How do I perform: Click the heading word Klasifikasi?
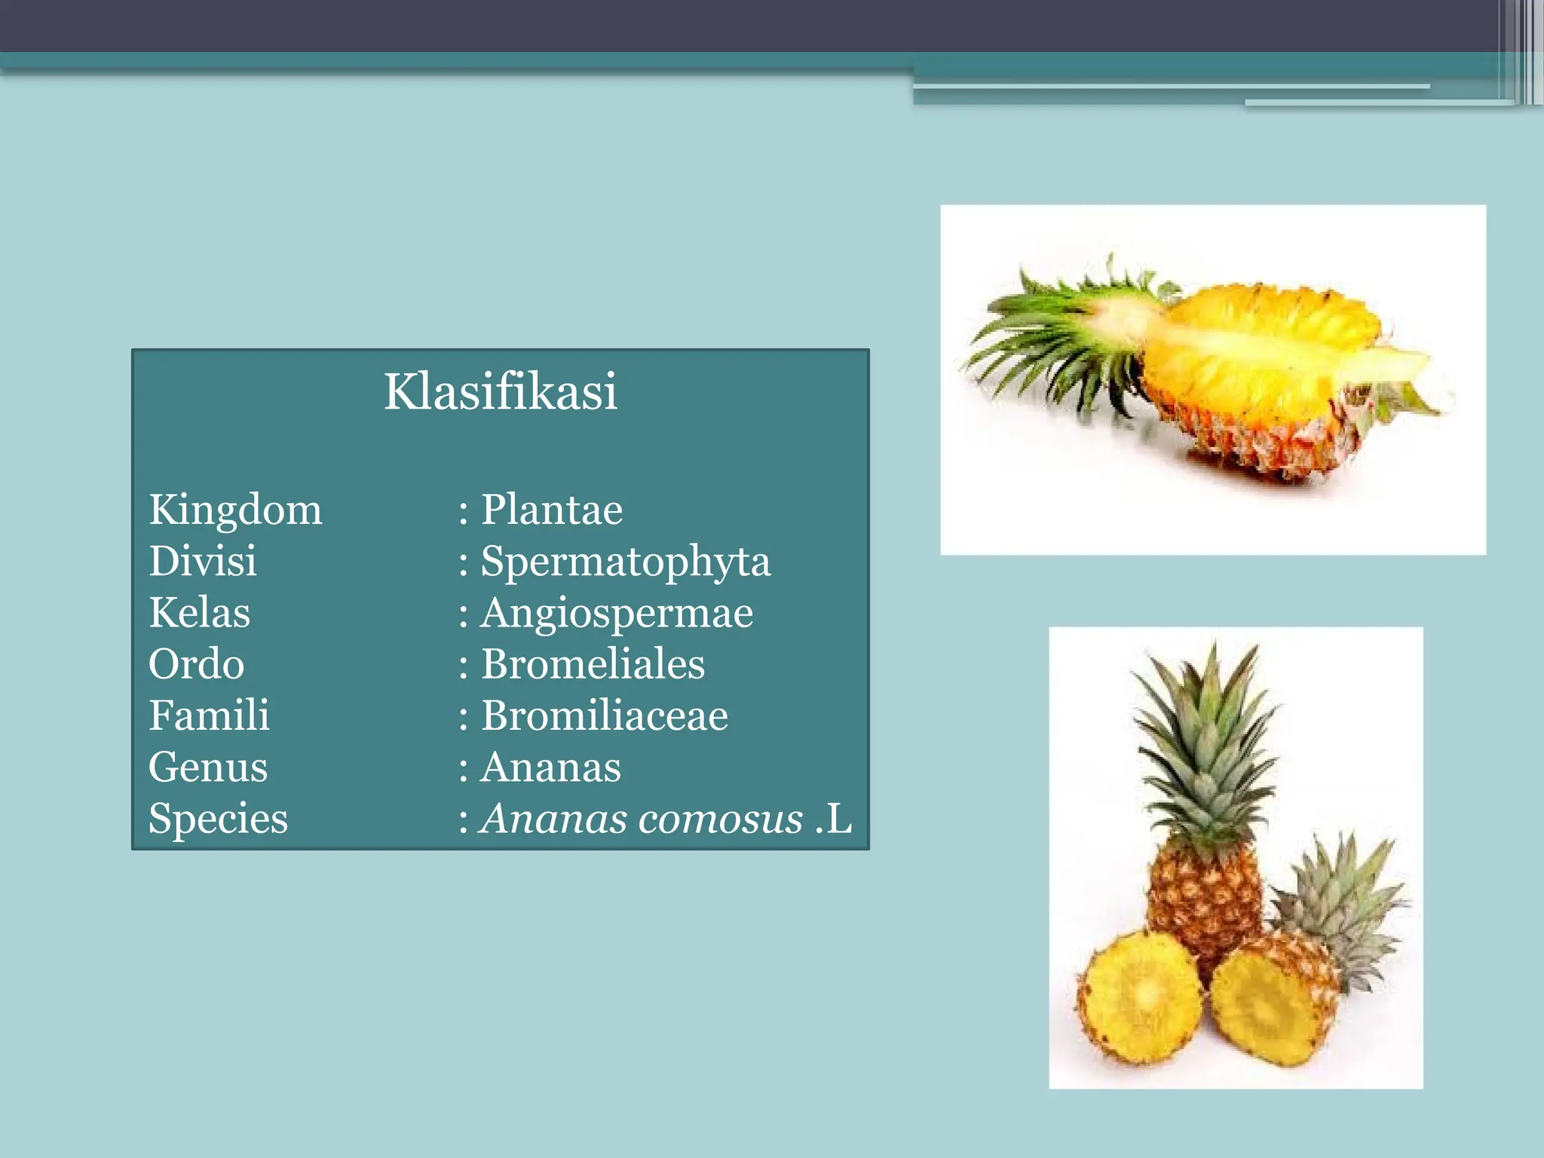click(x=501, y=391)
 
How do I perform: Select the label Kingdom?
click(x=235, y=510)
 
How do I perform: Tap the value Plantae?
click(x=552, y=510)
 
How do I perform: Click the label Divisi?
click(x=202, y=562)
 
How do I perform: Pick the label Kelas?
click(x=199, y=613)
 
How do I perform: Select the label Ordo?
click(x=196, y=664)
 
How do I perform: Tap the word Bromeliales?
click(x=593, y=664)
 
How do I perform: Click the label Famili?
click(x=209, y=715)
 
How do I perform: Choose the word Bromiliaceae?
click(x=605, y=715)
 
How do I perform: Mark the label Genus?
click(x=208, y=767)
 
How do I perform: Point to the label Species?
click(x=218, y=819)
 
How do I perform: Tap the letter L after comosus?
click(x=838, y=819)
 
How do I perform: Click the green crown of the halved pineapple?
click(x=1055, y=339)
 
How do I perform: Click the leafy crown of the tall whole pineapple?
click(x=1206, y=746)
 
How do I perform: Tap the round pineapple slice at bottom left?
click(x=1139, y=999)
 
